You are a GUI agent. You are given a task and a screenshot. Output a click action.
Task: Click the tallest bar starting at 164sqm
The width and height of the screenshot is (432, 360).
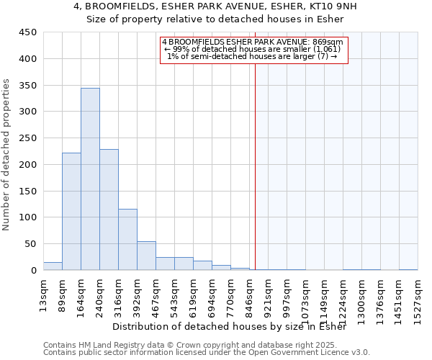tap(90, 179)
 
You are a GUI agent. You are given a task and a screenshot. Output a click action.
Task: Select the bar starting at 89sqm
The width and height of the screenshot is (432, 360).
tap(71, 212)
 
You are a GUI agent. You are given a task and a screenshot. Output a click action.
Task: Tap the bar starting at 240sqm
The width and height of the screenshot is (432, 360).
tap(109, 210)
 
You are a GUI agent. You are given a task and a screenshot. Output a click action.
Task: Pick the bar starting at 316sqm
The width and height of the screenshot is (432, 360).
tap(127, 240)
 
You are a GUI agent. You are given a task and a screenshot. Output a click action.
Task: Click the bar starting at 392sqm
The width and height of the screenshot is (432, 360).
tap(146, 256)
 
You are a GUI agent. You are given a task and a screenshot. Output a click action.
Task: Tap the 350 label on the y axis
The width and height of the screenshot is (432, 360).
tap(28, 86)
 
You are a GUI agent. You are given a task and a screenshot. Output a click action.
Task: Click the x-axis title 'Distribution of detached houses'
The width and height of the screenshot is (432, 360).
tap(230, 327)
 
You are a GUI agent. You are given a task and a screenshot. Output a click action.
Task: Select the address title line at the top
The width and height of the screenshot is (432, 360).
tap(215, 6)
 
